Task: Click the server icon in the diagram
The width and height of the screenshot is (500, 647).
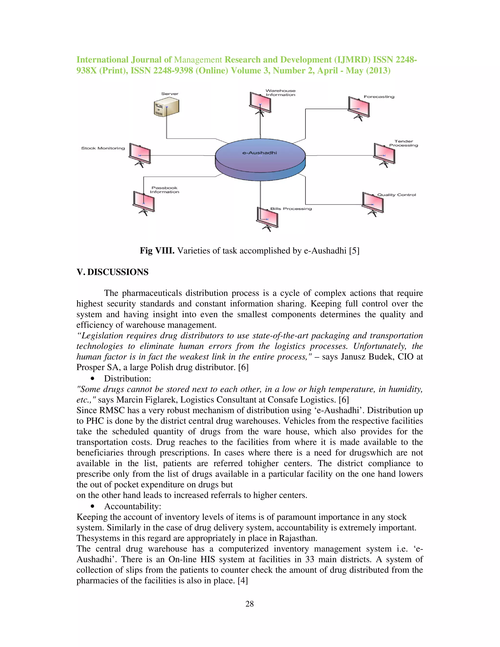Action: click(167, 107)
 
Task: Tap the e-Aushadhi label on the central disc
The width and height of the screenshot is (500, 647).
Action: click(260, 153)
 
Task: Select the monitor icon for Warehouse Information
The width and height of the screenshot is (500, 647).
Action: click(260, 103)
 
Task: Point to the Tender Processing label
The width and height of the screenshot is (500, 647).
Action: click(403, 143)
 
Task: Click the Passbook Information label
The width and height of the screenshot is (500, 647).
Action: click(164, 190)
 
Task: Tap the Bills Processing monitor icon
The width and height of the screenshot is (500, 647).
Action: click(267, 218)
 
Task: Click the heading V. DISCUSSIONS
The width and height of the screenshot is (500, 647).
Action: click(112, 272)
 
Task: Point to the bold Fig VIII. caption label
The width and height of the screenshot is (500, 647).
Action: click(157, 251)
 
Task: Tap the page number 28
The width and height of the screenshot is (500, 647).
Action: click(250, 604)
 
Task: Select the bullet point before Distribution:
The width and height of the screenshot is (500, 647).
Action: click(93, 379)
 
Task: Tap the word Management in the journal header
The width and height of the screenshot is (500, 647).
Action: click(198, 60)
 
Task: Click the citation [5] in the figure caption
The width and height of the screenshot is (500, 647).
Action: click(354, 251)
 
